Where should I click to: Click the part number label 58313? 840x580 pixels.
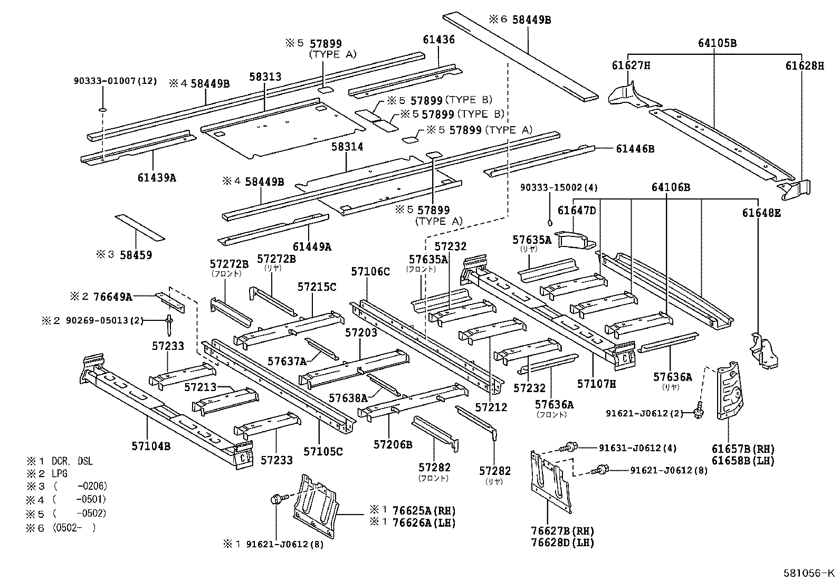click(x=265, y=77)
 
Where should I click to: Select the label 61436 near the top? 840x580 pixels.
click(x=438, y=40)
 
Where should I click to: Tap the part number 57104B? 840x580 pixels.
click(x=151, y=446)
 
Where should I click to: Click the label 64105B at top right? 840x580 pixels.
click(x=717, y=43)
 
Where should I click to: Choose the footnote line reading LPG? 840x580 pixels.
click(x=60, y=474)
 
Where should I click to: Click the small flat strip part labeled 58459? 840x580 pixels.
click(x=139, y=227)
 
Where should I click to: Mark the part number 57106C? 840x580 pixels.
click(x=370, y=272)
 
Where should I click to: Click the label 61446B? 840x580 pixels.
click(x=635, y=149)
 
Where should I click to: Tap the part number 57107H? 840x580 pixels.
click(x=596, y=384)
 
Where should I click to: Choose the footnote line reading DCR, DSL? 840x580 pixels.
click(x=72, y=461)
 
